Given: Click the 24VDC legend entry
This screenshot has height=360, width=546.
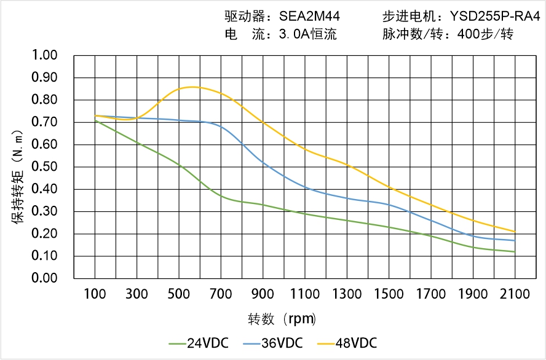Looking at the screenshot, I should pos(199,343).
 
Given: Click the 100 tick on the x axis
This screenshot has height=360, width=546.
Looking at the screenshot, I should pos(95,294).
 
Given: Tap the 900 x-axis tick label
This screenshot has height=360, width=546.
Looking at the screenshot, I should pos(263,294).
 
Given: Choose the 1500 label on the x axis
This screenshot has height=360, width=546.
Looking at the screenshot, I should pos(389,294).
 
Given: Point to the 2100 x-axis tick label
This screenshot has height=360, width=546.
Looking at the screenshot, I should pos(515,294).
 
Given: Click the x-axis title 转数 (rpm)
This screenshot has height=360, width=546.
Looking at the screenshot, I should pos(282,319).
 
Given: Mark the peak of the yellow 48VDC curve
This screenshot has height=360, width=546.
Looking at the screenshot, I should pos(192,87).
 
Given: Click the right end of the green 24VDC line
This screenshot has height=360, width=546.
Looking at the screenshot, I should pos(515,252).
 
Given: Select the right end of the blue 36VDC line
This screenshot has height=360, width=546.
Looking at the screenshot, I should pos(515,240).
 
